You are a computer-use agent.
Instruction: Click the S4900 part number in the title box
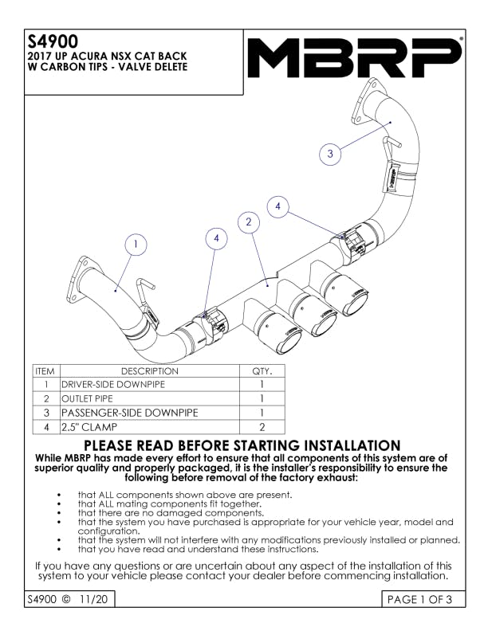coord(53,41)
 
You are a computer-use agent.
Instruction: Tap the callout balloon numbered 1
coord(136,245)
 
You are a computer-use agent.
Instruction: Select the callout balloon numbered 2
coord(249,221)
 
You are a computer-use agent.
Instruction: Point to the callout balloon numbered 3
coord(330,153)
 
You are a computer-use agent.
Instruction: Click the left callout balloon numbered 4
coord(216,238)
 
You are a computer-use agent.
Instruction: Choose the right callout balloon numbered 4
coord(277,206)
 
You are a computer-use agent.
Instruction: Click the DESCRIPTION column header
coord(149,371)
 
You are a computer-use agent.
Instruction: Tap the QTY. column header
coord(262,371)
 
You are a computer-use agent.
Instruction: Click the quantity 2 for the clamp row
coord(262,427)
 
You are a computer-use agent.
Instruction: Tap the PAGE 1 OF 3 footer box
coord(423,599)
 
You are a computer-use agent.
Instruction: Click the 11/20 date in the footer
coord(94,599)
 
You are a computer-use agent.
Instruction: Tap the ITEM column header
coord(45,371)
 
